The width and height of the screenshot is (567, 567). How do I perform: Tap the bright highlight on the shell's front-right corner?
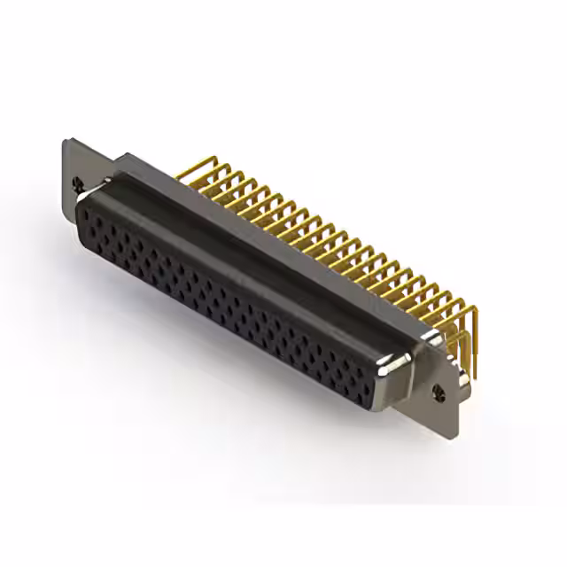point(390,363)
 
